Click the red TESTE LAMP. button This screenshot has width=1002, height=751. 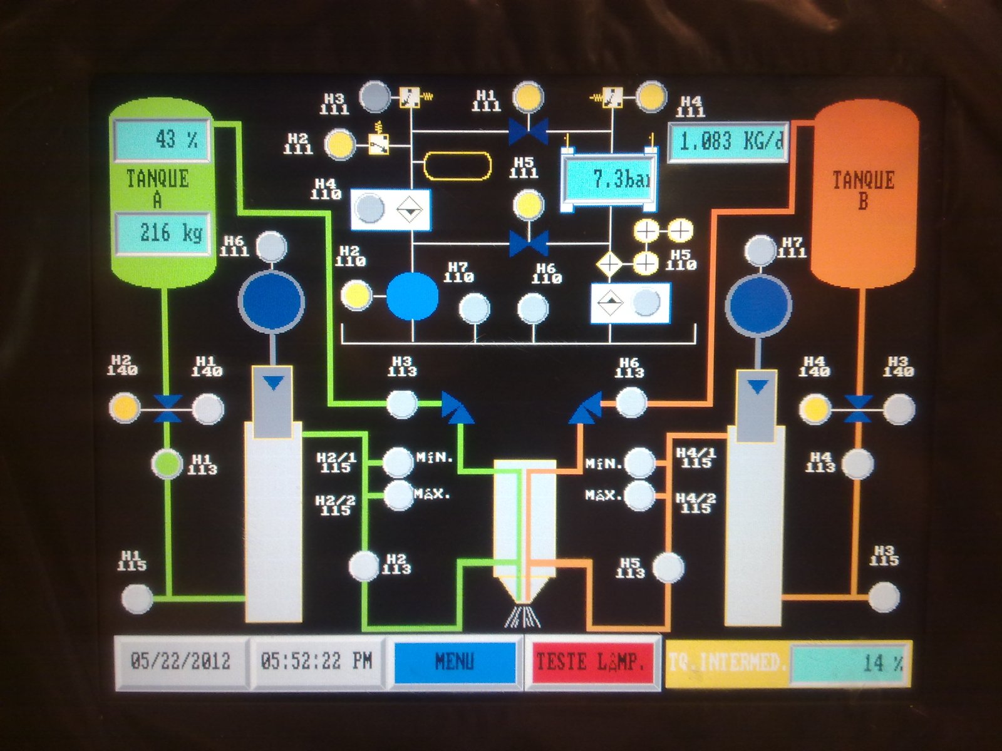(x=591, y=662)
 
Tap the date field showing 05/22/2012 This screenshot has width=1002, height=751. (x=181, y=662)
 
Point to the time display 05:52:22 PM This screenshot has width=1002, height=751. (x=317, y=662)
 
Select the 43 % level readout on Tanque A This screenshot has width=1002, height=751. (x=162, y=140)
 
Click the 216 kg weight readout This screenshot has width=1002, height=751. (x=162, y=233)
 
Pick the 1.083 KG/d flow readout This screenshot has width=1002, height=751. (x=728, y=142)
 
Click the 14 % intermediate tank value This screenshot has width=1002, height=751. (x=849, y=663)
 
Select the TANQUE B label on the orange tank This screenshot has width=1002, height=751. (x=863, y=190)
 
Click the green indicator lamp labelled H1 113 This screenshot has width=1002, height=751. (x=167, y=464)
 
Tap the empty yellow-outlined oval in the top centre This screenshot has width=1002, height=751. (x=457, y=166)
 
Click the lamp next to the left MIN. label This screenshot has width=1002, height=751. (x=397, y=462)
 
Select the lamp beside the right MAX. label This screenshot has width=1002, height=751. (x=640, y=496)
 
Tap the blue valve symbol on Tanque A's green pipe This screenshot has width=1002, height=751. (x=168, y=408)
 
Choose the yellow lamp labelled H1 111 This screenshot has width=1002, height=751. (x=528, y=97)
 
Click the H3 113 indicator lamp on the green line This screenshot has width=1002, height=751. (x=401, y=404)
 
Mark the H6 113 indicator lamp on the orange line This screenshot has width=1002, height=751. (x=631, y=402)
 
